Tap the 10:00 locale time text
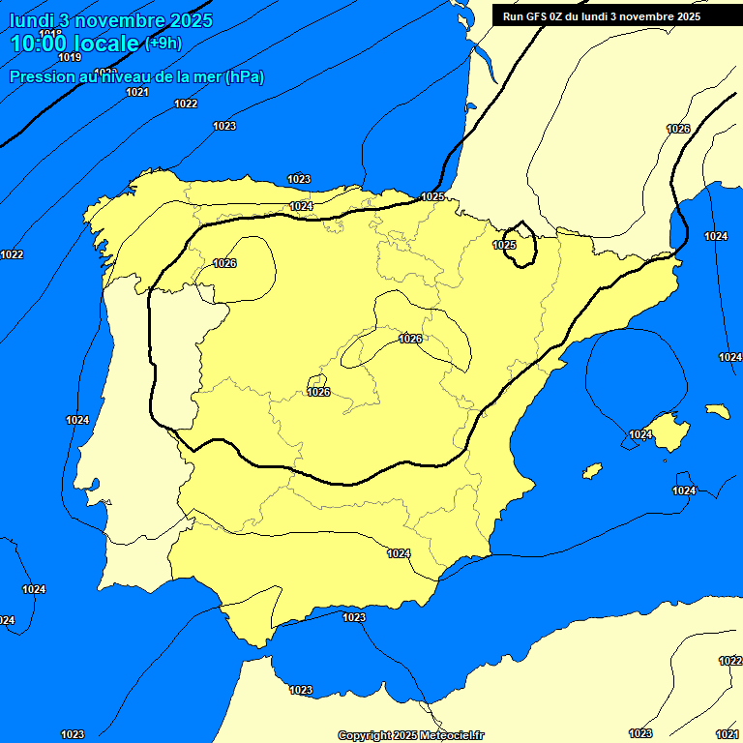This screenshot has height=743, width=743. point(74,44)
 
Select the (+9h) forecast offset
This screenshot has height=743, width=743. point(163,43)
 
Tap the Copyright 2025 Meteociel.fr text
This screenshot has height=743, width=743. point(411,736)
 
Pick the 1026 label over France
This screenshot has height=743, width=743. point(678,129)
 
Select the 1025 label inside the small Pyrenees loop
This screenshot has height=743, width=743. point(504,245)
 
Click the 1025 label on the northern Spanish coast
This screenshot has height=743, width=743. point(432,196)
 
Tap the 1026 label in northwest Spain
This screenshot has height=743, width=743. point(224,263)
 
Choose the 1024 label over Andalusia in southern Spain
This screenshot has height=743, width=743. point(399,553)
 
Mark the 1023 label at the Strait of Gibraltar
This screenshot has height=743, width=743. point(354,617)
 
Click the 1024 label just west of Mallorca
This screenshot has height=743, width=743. point(640,434)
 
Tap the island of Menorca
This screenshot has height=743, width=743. point(717,411)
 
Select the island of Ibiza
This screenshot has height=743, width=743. point(592,471)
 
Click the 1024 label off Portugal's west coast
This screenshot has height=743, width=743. point(77,420)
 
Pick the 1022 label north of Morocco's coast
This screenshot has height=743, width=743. point(729,661)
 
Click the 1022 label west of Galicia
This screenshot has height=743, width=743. point(12,254)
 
